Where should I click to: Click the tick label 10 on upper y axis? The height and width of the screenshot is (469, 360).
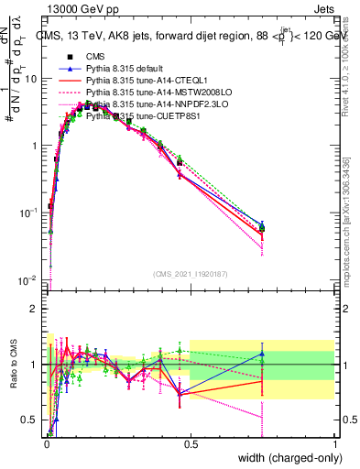point(31,79)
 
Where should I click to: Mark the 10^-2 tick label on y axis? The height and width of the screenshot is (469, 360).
point(29,279)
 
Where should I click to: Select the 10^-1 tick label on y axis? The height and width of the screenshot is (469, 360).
point(29,213)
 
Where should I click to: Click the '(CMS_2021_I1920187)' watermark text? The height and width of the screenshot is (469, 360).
point(191,273)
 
